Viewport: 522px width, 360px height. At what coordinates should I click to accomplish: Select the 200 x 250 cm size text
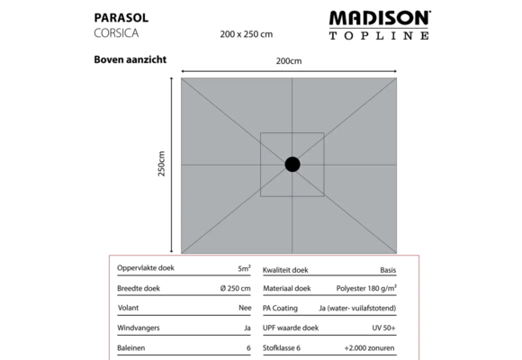click(x=246, y=34)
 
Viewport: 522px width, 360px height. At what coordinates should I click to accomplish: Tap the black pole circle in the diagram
click(x=293, y=164)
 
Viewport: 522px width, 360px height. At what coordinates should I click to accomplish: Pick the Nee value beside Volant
click(x=243, y=308)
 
